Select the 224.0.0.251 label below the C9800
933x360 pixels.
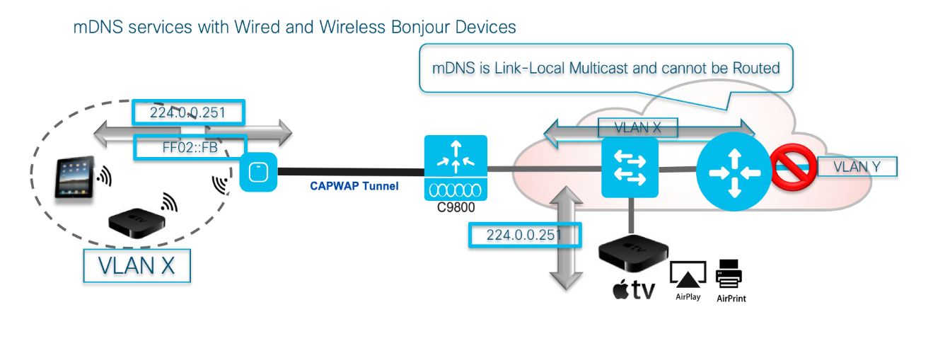[524, 235]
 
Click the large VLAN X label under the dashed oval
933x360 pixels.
[137, 266]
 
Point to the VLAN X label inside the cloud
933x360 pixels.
[637, 128]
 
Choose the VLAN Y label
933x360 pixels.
[857, 167]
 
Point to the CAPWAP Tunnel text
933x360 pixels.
[354, 187]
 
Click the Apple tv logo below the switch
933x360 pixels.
[633, 290]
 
